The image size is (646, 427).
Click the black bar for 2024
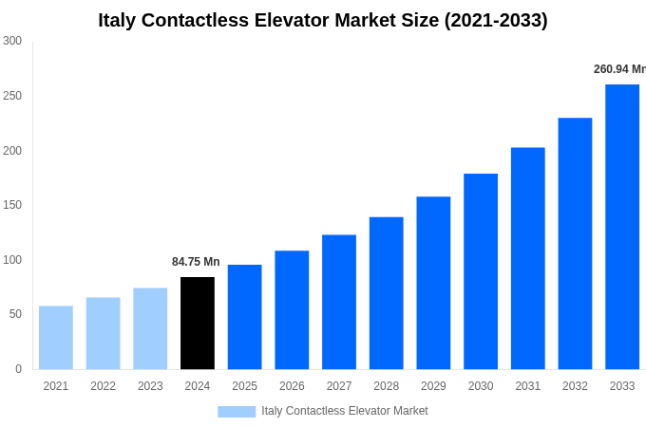coord(198,323)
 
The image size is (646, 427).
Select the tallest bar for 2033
coord(622,227)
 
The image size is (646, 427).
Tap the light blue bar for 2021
coord(56,337)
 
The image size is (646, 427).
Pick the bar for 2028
coord(386,293)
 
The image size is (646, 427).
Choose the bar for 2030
coord(481,271)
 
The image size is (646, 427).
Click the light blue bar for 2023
coord(150,328)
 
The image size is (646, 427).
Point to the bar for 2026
coord(292,309)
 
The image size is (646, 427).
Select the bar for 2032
coord(575,243)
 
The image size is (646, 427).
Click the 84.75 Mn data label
coord(196,262)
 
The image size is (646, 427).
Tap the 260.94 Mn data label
coord(619,69)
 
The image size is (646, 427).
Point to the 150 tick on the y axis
coord(12,205)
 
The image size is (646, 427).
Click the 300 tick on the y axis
coord(12,41)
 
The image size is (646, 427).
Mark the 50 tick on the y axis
coord(15,314)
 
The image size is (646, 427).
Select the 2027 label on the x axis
coord(339,386)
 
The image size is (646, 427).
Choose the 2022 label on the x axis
coord(103,386)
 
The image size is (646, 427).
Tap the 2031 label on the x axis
coord(528,386)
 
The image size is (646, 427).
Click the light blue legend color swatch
coord(237,411)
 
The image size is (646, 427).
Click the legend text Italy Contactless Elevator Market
coord(345,411)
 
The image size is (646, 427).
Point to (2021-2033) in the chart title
coord(496,20)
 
